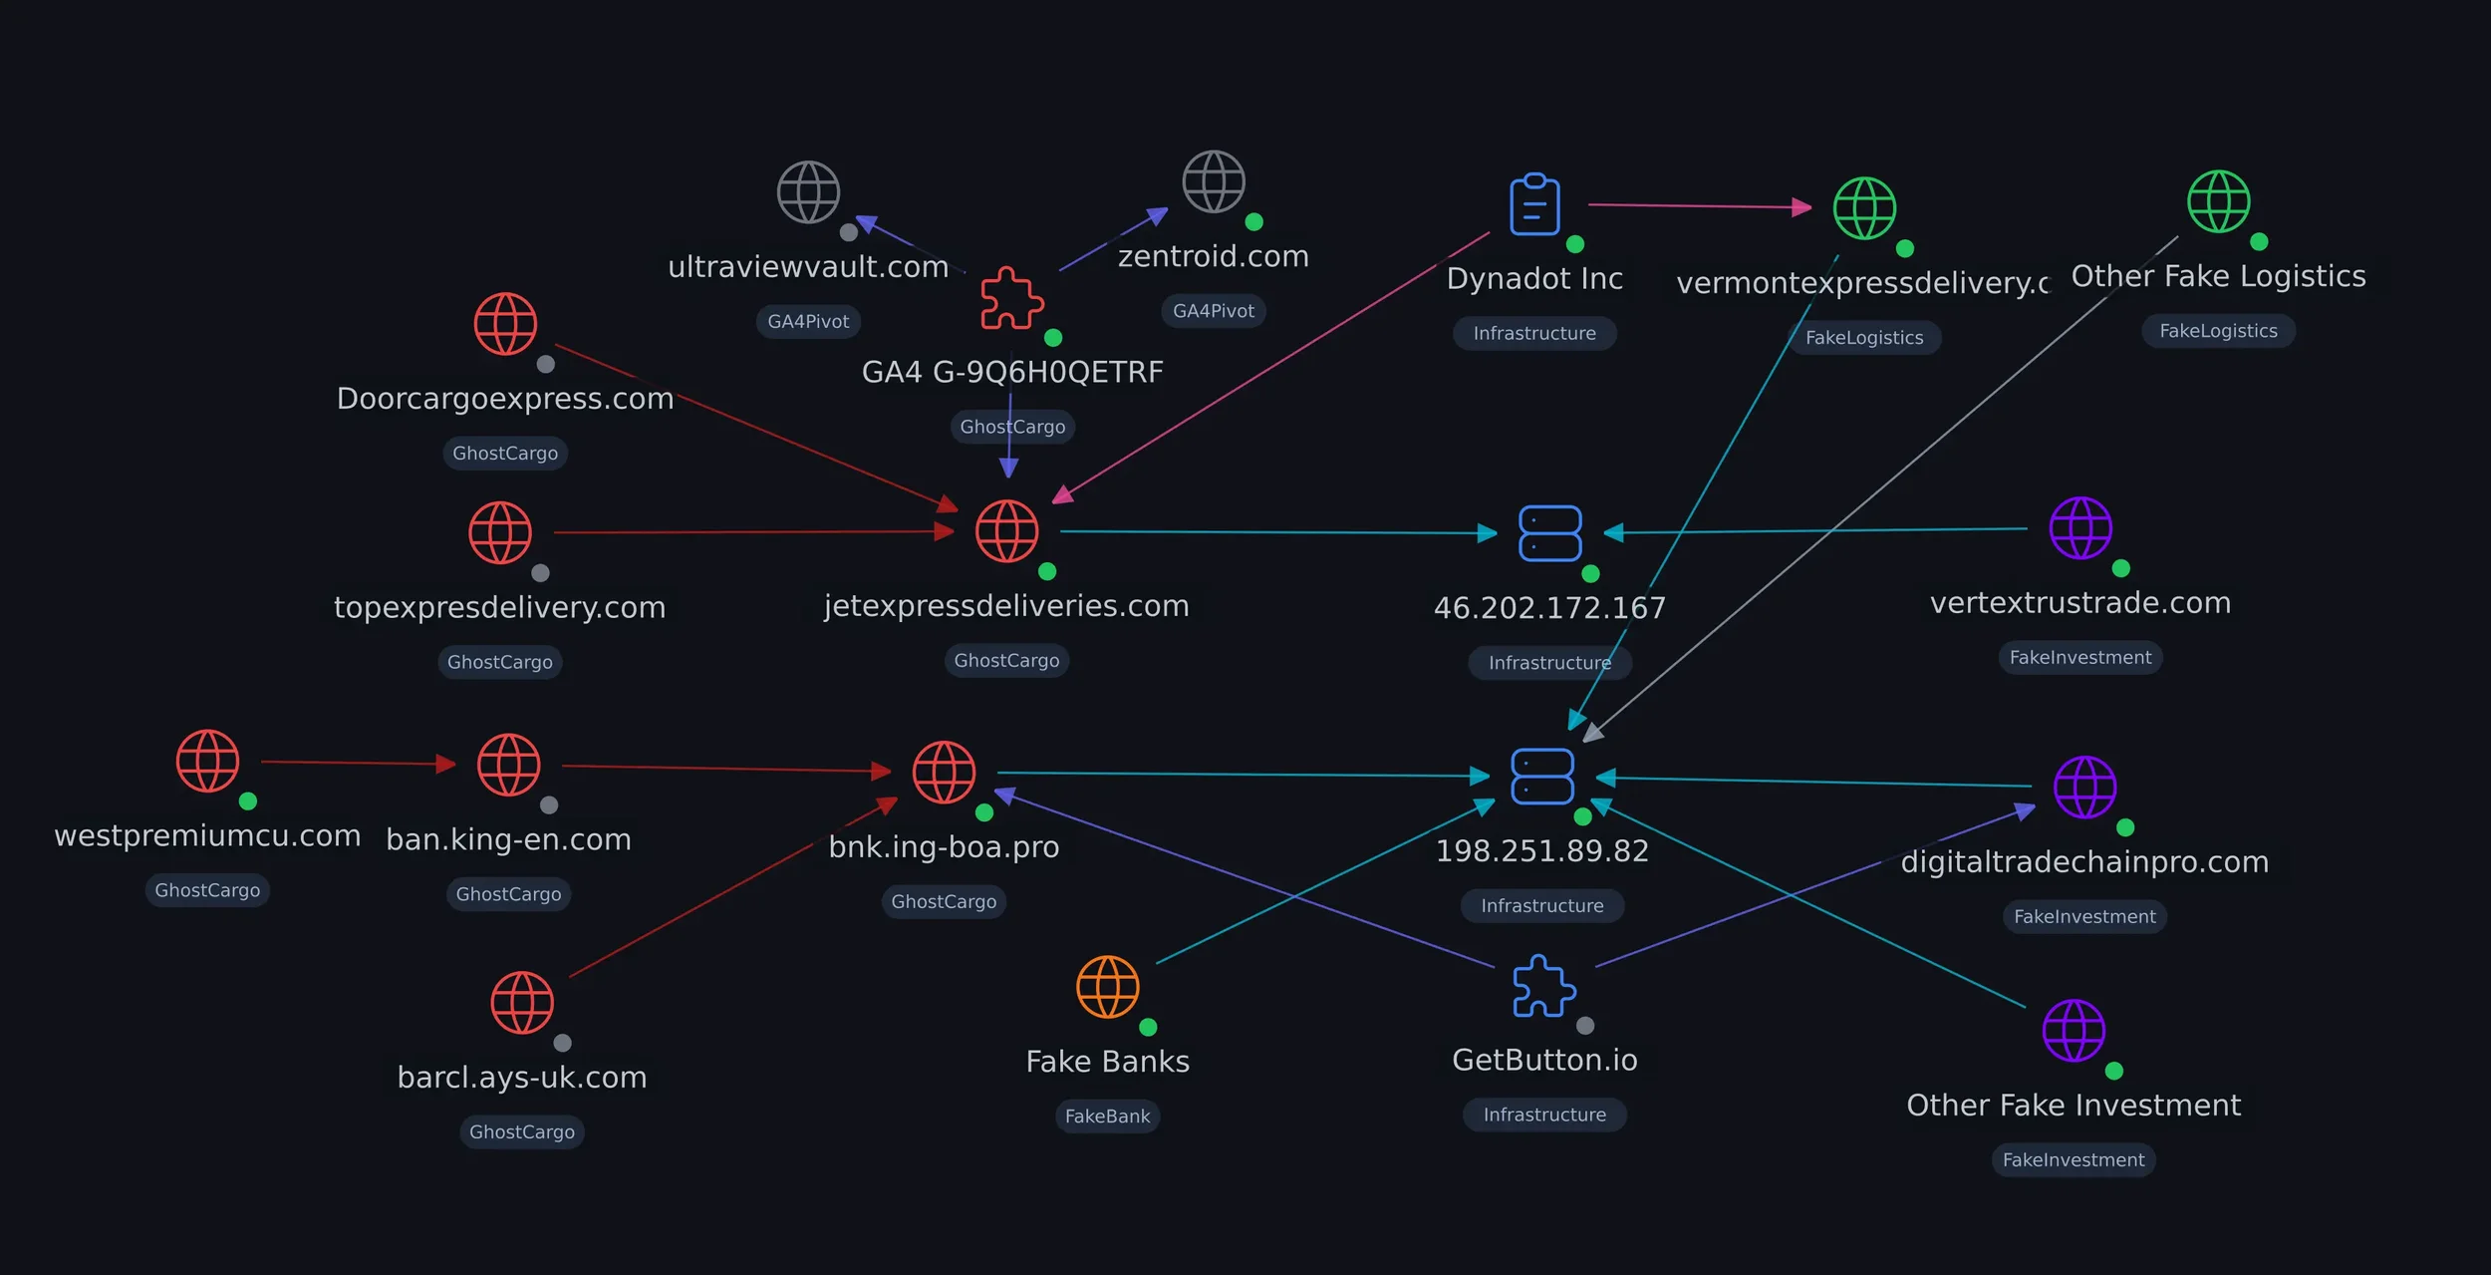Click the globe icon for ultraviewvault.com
(x=808, y=191)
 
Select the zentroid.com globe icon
(x=1213, y=181)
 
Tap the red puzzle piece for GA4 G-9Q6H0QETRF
(x=1011, y=298)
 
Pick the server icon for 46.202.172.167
(x=1549, y=533)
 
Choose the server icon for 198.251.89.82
(x=1541, y=776)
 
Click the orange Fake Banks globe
(x=1107, y=987)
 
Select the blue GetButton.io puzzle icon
(x=1543, y=986)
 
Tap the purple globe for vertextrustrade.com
(x=2079, y=527)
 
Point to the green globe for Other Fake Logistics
(x=2218, y=201)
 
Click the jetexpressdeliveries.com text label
(x=1006, y=606)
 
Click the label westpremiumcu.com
(x=207, y=835)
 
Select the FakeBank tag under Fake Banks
(x=1107, y=1116)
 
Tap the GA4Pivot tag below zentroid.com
(x=1213, y=311)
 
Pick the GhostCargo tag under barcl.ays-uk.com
(x=521, y=1132)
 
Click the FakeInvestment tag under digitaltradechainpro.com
(x=2084, y=917)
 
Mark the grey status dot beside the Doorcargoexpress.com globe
(x=546, y=364)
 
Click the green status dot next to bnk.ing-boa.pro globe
(x=984, y=812)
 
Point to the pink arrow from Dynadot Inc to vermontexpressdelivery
(x=1699, y=206)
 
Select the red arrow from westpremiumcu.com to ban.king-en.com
(x=359, y=763)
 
